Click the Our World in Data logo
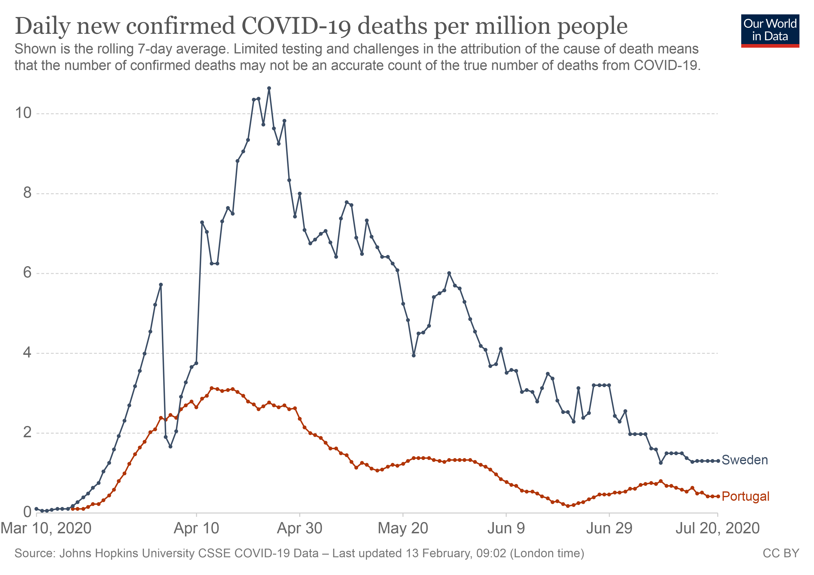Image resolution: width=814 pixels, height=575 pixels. pos(770,30)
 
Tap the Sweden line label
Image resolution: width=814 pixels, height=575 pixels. pos(745,460)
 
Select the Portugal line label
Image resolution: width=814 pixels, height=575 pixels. pos(745,496)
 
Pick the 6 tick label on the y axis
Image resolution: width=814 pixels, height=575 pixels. pos(27,273)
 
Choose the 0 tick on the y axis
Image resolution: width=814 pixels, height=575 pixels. pos(27,512)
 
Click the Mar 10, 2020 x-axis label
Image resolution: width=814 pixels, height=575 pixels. pos(46,528)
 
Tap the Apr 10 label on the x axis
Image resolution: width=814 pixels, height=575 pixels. pos(196,528)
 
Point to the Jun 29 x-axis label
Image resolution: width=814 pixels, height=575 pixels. pos(609,528)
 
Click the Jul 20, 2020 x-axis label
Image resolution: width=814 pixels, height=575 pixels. pos(718,528)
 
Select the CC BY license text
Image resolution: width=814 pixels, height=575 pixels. pos(781,553)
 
